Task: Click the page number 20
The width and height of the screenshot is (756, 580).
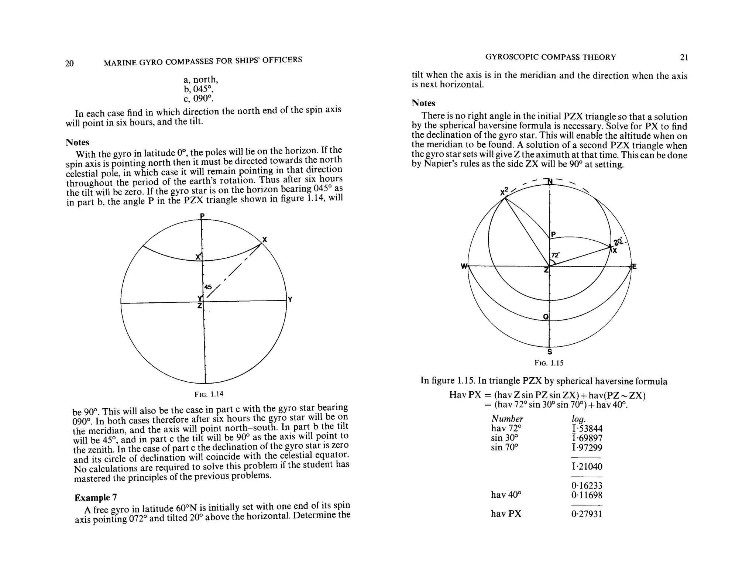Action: click(x=69, y=64)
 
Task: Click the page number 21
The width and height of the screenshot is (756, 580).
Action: click(x=684, y=57)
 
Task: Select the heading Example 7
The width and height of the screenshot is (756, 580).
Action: click(x=96, y=497)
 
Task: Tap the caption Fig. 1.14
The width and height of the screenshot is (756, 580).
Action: click(x=209, y=394)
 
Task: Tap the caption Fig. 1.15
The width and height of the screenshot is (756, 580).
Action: click(x=549, y=363)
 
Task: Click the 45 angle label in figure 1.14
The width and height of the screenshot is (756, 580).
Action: click(x=208, y=287)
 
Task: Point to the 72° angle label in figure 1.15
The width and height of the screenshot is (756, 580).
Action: click(x=555, y=255)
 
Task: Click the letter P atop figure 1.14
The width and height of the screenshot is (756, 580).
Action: click(x=202, y=216)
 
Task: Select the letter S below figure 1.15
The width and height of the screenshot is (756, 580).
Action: click(x=549, y=352)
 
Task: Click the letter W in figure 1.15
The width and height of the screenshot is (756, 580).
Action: click(x=464, y=266)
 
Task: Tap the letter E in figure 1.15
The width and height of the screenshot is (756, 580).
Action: click(x=634, y=266)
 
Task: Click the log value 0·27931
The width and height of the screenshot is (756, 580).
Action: click(x=587, y=514)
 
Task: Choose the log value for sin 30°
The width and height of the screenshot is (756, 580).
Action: click(x=587, y=438)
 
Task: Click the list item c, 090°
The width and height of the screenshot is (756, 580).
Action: click(x=198, y=99)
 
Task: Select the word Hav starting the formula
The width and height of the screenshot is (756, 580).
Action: click(x=457, y=395)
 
